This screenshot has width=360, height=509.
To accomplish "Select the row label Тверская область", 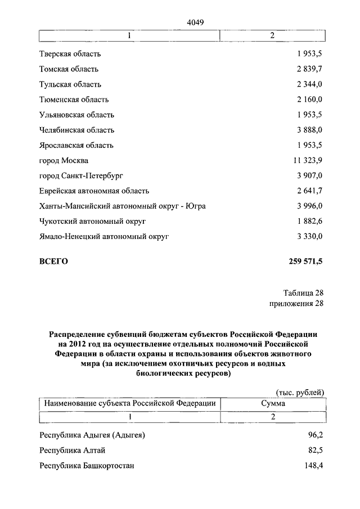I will pyautogui.click(x=70, y=54).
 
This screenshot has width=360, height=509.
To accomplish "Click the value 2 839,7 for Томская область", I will pyautogui.click(x=307, y=69).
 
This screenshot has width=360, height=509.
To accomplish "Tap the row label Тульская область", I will pyautogui.click(x=70, y=84).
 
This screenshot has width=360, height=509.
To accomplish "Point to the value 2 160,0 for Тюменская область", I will pyautogui.click(x=307, y=100).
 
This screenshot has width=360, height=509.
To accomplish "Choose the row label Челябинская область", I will pyautogui.click(x=77, y=130).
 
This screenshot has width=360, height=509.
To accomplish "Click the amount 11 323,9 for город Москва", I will pyautogui.click(x=305, y=160).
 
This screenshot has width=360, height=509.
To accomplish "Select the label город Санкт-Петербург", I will pyautogui.click(x=81, y=175).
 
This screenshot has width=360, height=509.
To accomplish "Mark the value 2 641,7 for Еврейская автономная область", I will pyautogui.click(x=307, y=191).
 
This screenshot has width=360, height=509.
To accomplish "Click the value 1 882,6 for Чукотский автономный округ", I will pyautogui.click(x=307, y=221).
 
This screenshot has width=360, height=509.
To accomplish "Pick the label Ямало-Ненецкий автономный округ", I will pyautogui.click(x=104, y=236).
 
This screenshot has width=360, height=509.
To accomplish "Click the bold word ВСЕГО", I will pyautogui.click(x=53, y=262).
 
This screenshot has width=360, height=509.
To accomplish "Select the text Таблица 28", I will pyautogui.click(x=303, y=292).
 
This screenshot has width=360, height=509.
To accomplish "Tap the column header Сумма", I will pyautogui.click(x=273, y=403).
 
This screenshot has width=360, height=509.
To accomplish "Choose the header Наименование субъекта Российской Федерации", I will pyautogui.click(x=130, y=403).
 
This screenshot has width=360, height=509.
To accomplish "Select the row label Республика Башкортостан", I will pyautogui.click(x=87, y=466).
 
